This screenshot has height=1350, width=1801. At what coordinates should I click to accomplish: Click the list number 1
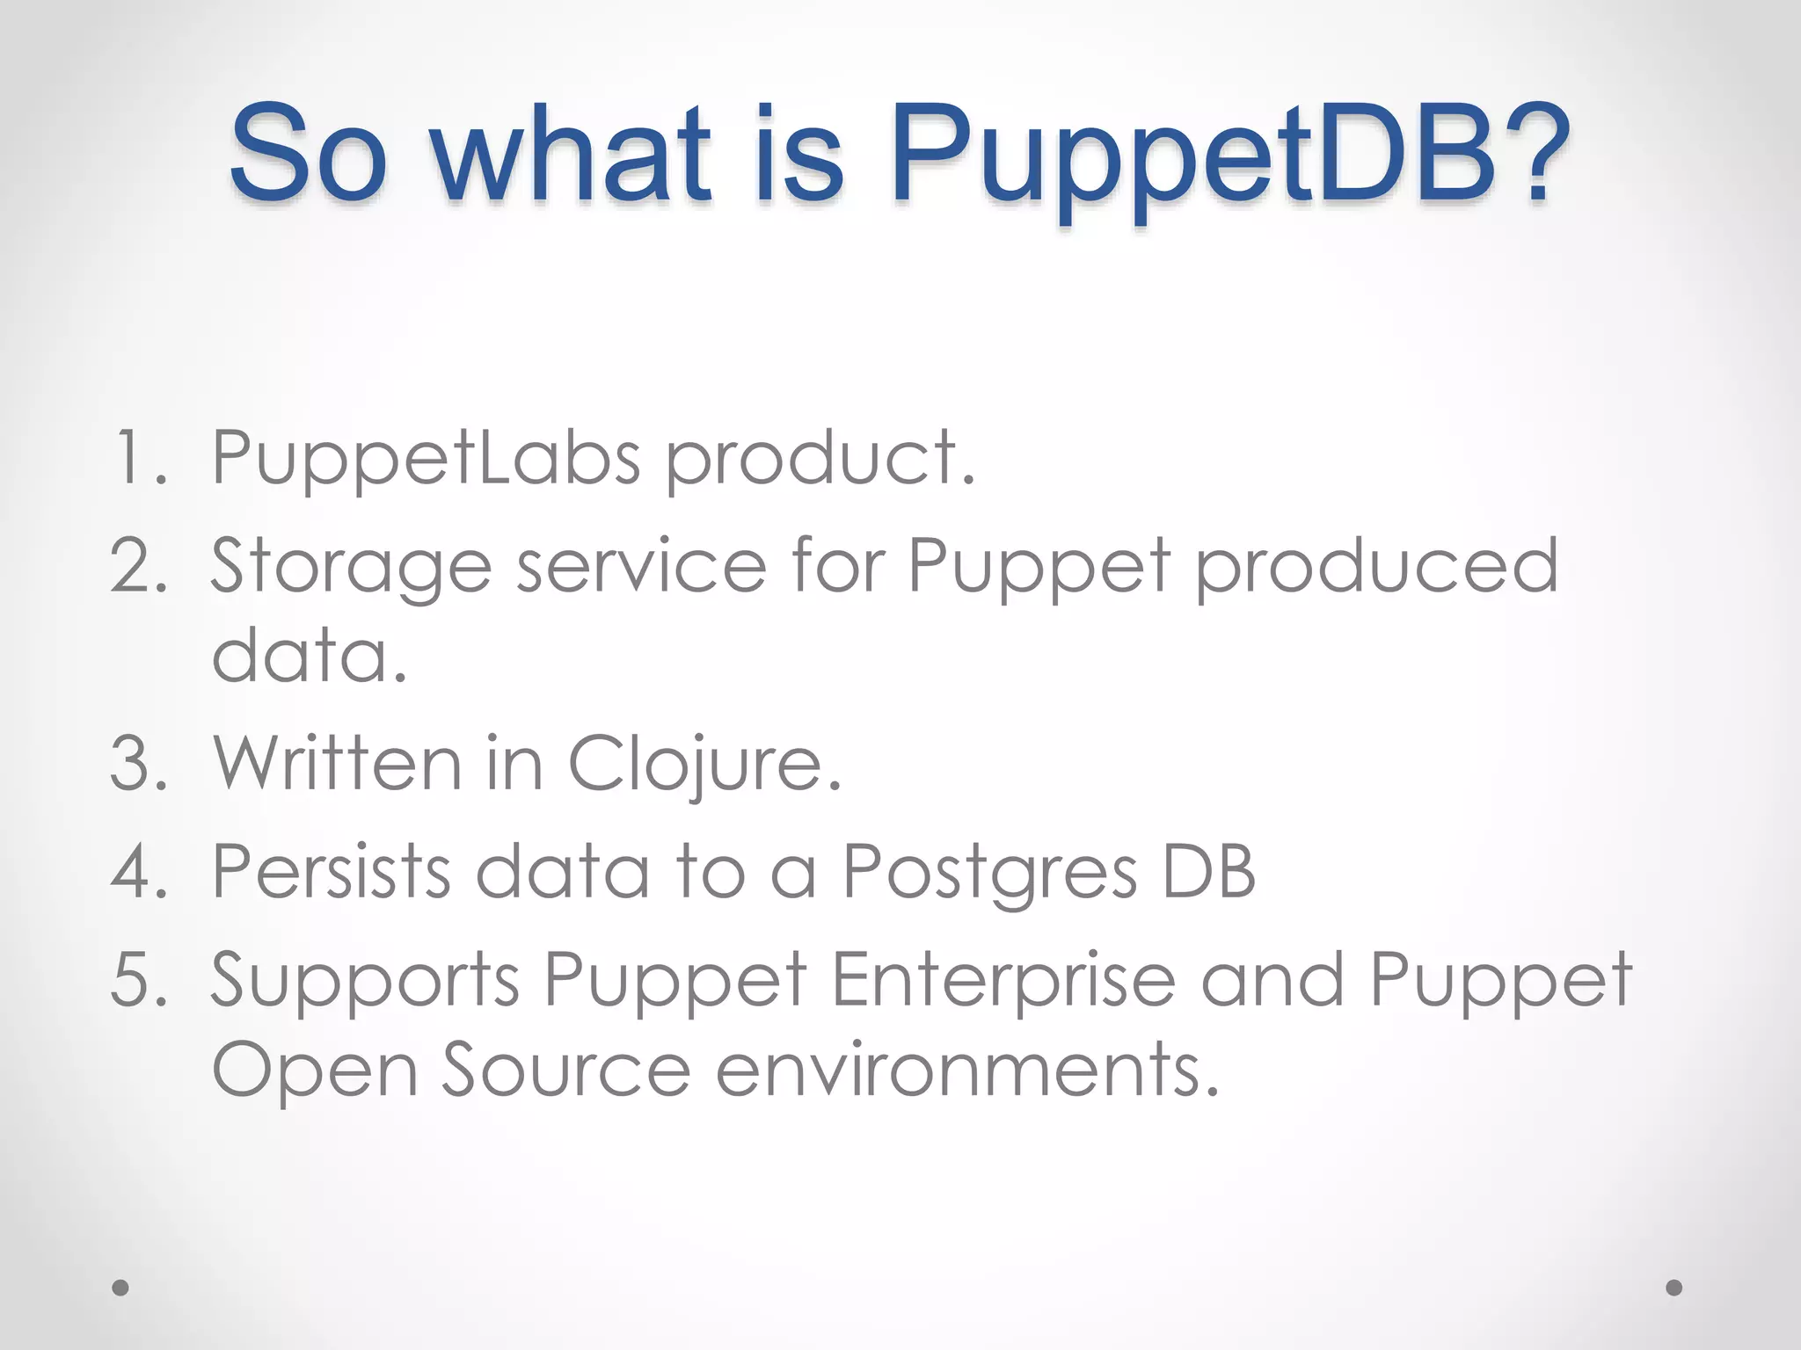[138, 458]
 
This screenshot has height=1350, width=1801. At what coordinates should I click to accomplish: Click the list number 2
[138, 566]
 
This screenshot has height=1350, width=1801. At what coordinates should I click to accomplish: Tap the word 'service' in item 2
[642, 566]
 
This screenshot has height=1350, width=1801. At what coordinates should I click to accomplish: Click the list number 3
[138, 763]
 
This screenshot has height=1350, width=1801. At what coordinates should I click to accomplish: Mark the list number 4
[138, 872]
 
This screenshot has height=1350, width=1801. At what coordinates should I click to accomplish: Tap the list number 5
[138, 980]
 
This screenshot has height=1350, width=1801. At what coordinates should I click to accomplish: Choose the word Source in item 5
[565, 1070]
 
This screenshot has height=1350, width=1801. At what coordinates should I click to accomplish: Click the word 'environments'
[967, 1070]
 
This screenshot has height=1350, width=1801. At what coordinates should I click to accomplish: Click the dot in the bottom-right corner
[1674, 1288]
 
